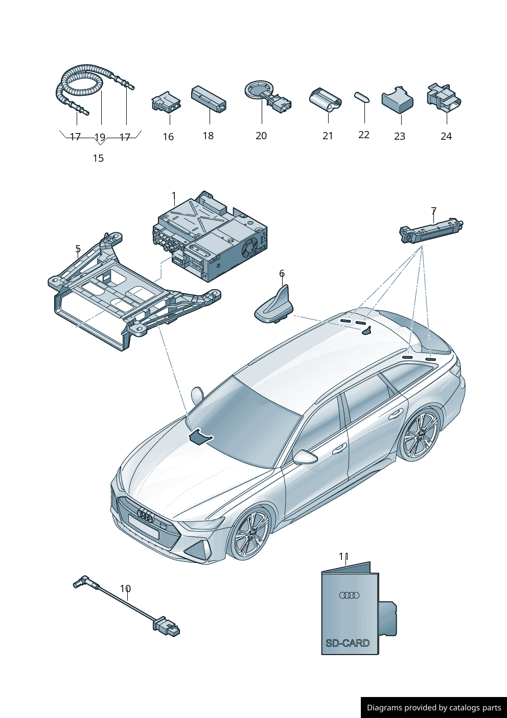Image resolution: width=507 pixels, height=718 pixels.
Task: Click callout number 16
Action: [168, 137]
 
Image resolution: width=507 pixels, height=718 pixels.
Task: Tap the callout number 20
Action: [261, 136]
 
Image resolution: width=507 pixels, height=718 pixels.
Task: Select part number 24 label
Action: [446, 136]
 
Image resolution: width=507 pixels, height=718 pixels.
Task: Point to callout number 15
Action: [98, 158]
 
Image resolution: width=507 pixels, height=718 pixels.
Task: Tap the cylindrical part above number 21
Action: [325, 99]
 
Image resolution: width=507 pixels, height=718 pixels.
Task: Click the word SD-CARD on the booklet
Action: [348, 643]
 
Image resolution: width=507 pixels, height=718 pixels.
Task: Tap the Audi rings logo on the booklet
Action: [350, 595]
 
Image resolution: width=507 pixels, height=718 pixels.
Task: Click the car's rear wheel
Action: [419, 436]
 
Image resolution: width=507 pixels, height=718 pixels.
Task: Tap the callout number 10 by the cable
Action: [125, 589]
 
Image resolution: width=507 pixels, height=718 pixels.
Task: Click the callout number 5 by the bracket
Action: [78, 249]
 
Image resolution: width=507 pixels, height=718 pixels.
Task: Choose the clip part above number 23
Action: [397, 100]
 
